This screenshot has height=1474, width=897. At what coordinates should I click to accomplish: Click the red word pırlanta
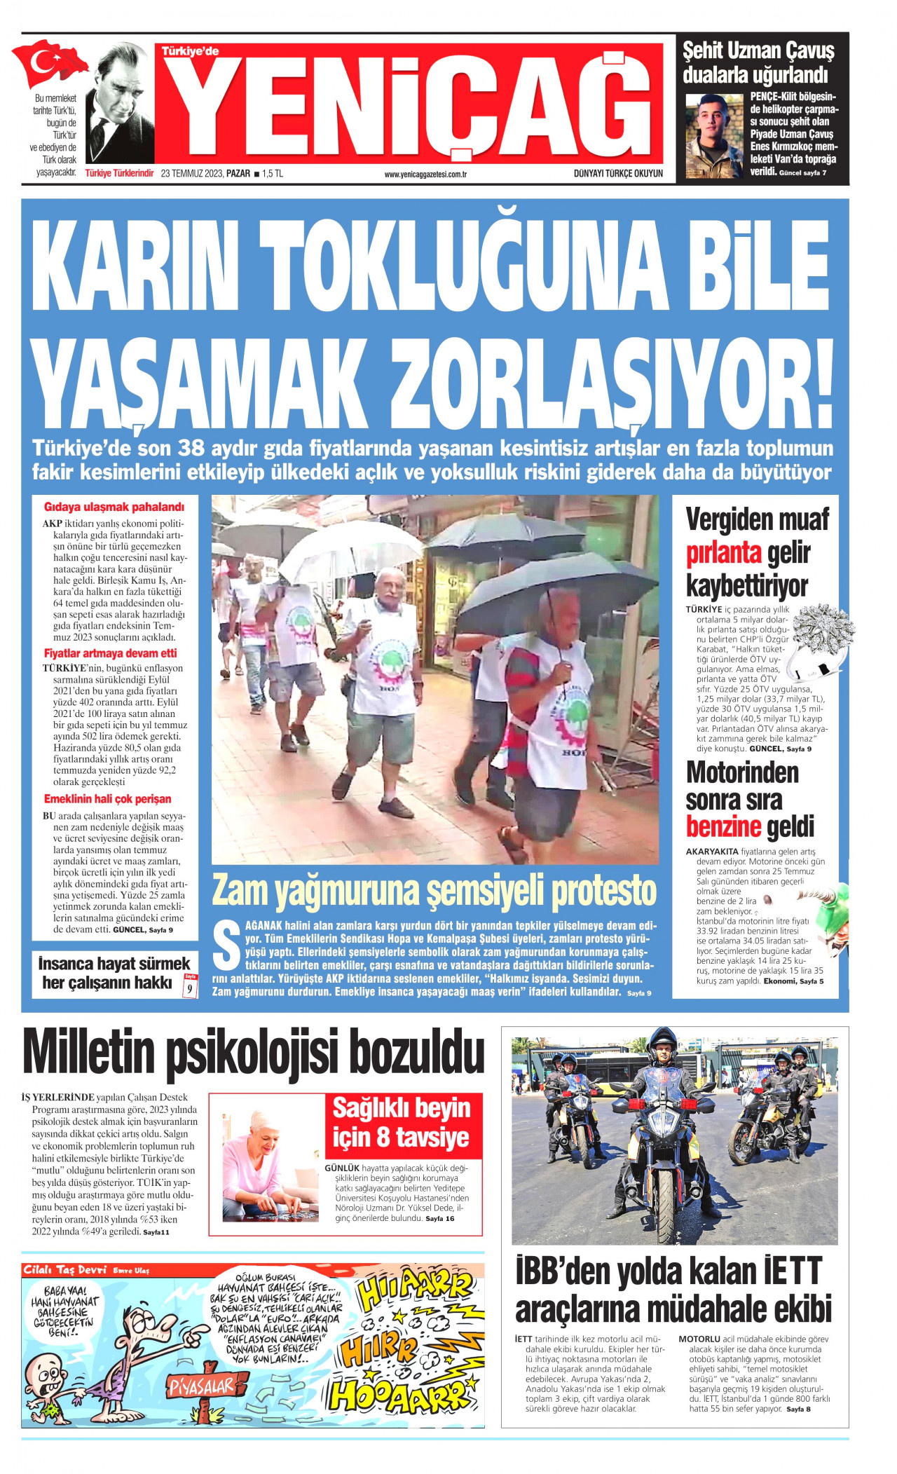pyautogui.click(x=723, y=553)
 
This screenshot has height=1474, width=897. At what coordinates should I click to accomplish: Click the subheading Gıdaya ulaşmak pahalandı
pyautogui.click(x=114, y=507)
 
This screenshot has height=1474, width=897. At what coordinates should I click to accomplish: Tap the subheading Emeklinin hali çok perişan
pyautogui.click(x=107, y=799)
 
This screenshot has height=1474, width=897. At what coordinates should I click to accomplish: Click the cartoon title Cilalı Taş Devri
pyautogui.click(x=64, y=1271)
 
